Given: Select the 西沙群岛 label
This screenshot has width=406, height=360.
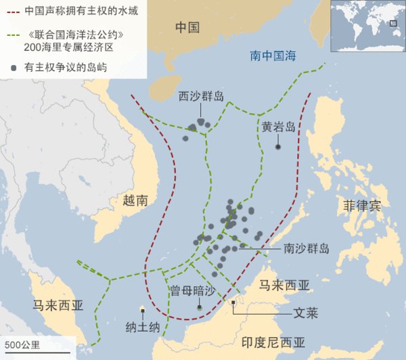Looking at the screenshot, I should pos(201,95).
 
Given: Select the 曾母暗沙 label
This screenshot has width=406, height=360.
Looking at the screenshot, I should pos(192,290).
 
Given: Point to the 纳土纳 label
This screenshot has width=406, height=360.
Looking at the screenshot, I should pos(142,327).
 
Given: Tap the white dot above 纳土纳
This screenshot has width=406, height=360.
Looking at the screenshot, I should pos(142,310).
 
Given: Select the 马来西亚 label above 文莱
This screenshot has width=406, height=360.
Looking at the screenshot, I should pos(284,285).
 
